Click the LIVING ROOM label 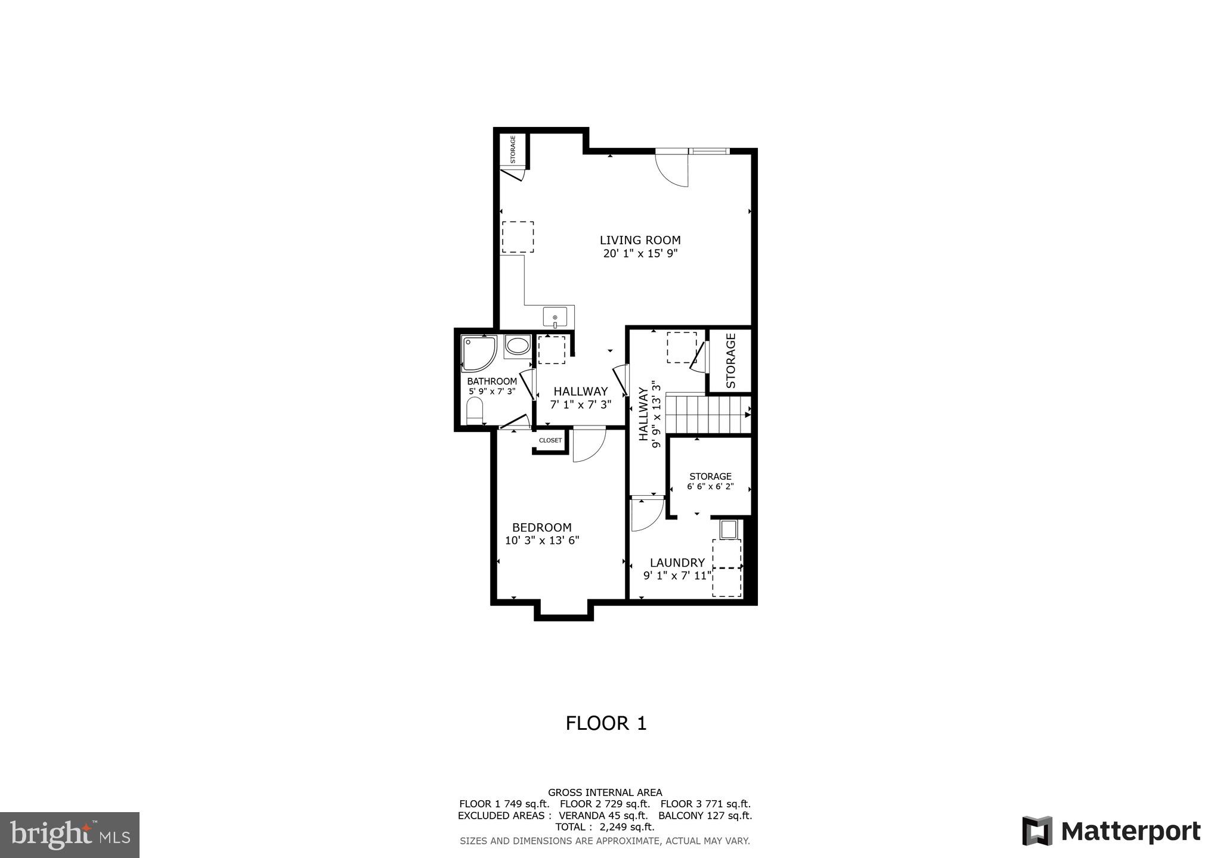(x=640, y=240)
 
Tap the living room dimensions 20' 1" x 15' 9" (x=640, y=254)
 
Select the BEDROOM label (x=541, y=527)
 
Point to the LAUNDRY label (x=677, y=562)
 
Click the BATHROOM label (x=492, y=381)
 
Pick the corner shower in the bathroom (x=478, y=353)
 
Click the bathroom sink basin (x=518, y=346)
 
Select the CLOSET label (x=550, y=440)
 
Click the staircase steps (x=707, y=415)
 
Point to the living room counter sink (x=556, y=318)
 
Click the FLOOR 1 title (x=606, y=723)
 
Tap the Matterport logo (x=1111, y=831)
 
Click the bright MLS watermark (x=70, y=835)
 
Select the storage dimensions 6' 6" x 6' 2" (x=710, y=487)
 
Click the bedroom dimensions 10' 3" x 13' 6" (x=542, y=541)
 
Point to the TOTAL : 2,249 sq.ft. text (x=605, y=827)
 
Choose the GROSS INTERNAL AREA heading (x=605, y=792)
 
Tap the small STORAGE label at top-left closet (x=513, y=149)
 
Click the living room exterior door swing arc (x=673, y=170)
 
